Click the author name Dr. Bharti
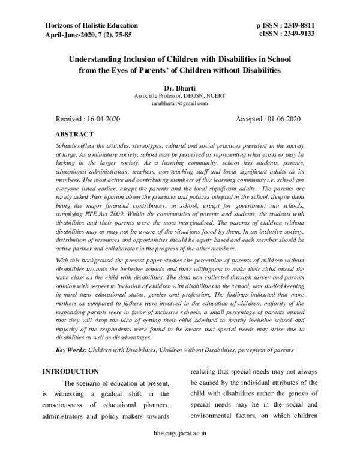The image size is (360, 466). tap(180, 88)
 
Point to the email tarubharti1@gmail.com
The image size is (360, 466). tap(179, 104)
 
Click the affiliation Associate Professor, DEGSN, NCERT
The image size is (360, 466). tap(179, 96)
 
